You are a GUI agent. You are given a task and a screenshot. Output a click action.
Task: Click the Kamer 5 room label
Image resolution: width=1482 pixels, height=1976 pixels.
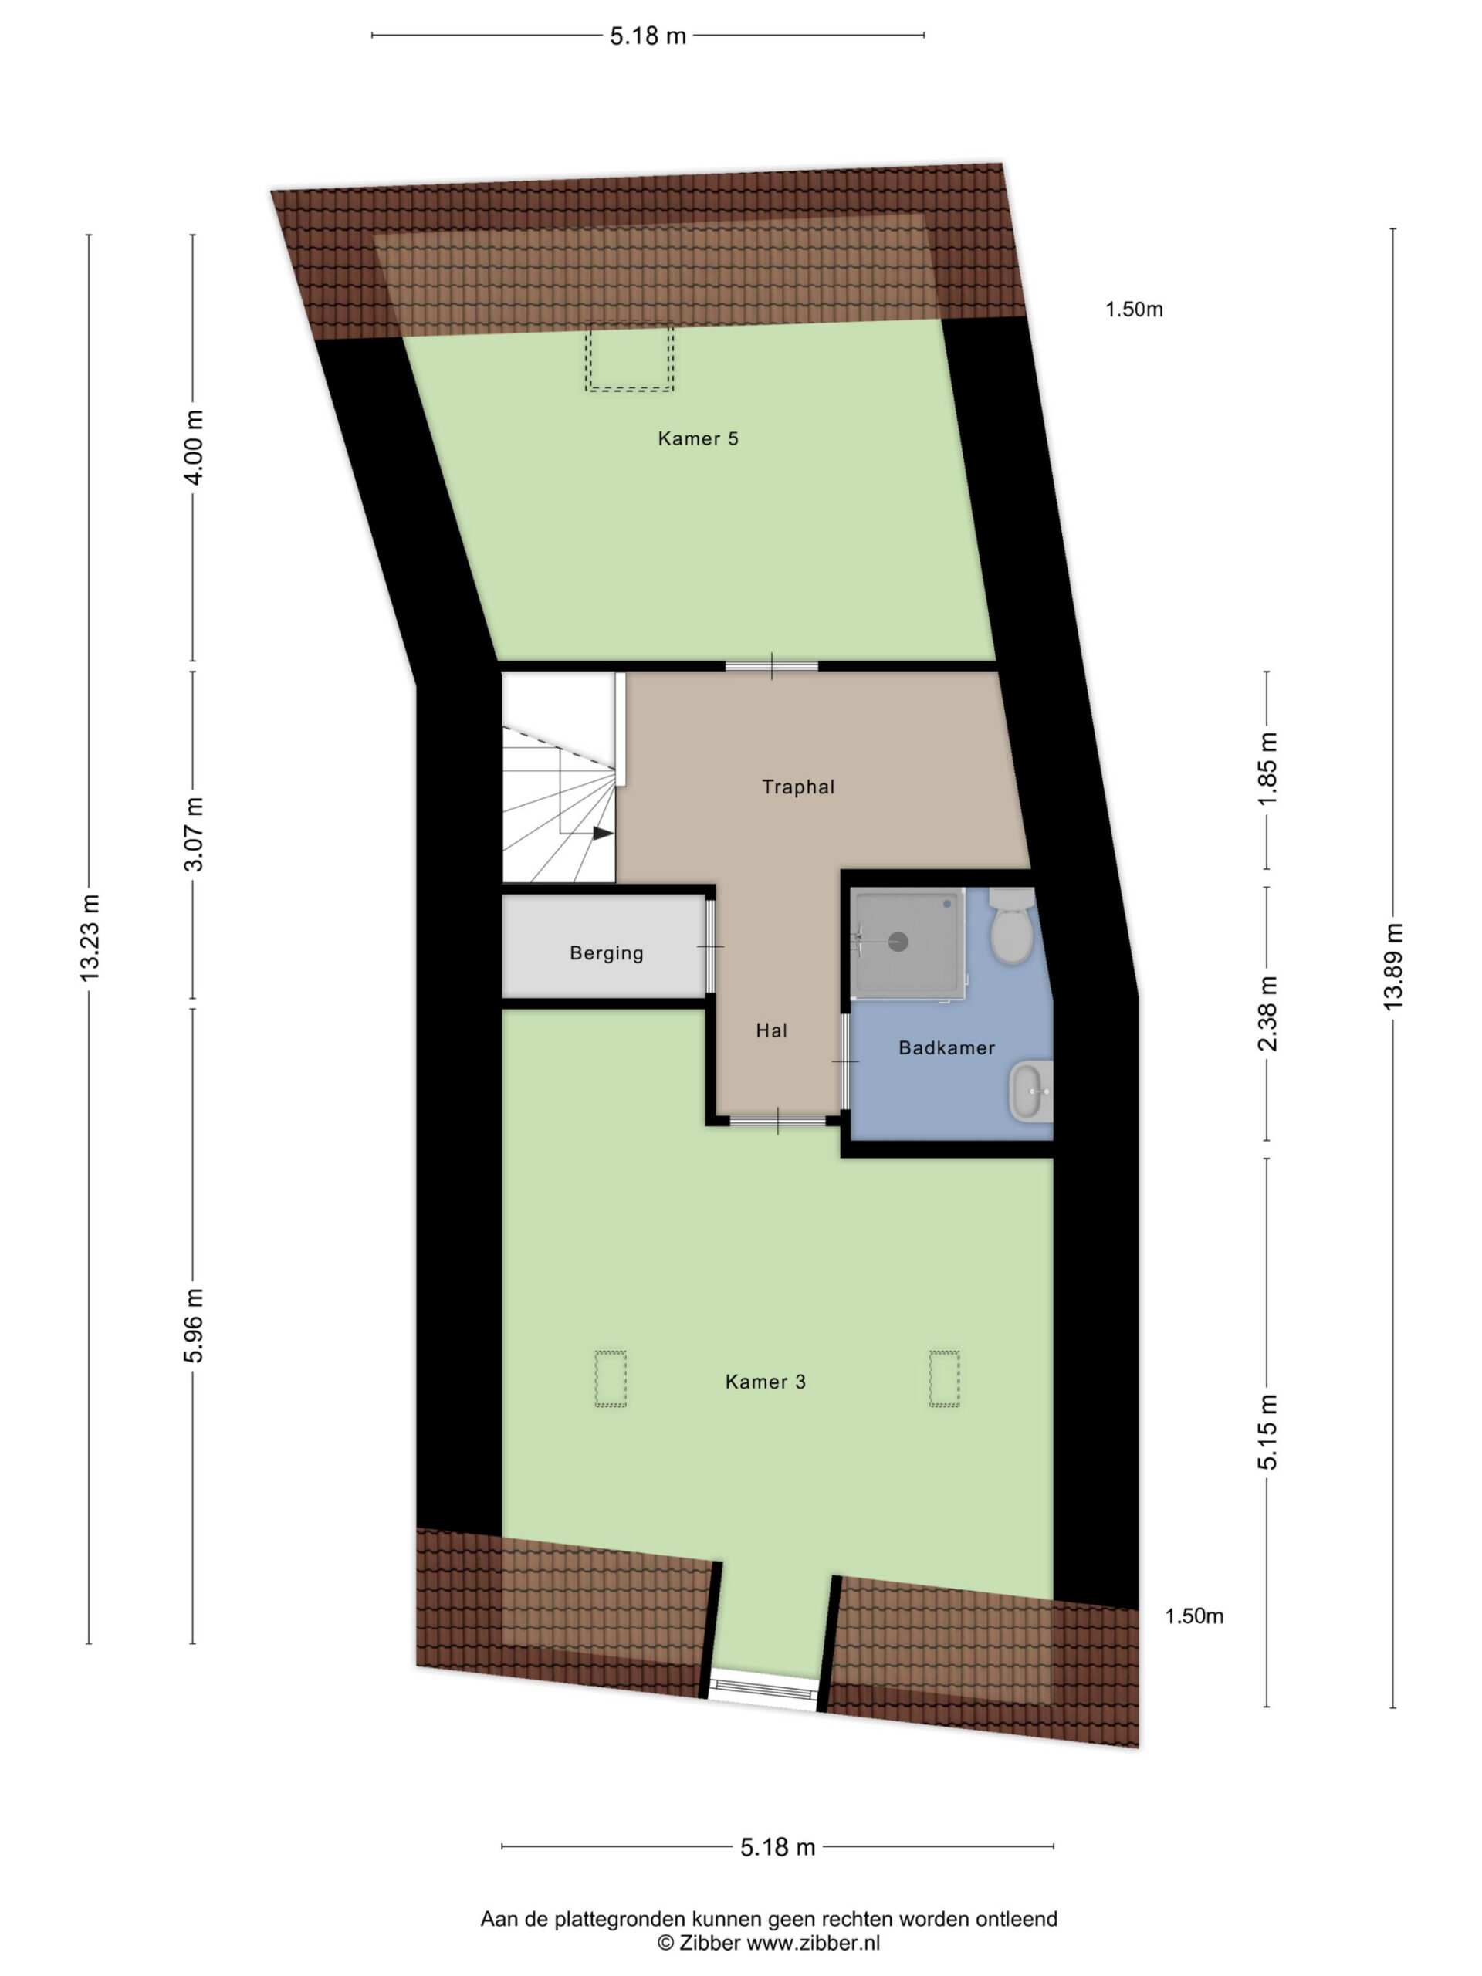pyautogui.click(x=698, y=438)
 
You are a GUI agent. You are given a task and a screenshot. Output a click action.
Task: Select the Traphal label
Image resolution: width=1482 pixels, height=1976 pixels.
pyautogui.click(x=797, y=787)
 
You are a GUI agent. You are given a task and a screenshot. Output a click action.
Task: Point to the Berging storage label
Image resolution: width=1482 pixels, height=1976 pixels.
pyautogui.click(x=607, y=953)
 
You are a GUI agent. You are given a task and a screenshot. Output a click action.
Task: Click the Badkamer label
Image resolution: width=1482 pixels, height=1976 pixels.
pyautogui.click(x=947, y=1048)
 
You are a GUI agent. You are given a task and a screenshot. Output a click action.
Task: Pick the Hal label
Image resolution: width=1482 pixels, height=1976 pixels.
pyautogui.click(x=772, y=1031)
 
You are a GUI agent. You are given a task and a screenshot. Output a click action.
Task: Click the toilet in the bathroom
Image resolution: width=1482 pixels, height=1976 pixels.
pyautogui.click(x=1012, y=925)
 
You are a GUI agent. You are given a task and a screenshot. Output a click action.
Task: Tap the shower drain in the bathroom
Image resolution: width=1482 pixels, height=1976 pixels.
pyautogui.click(x=898, y=941)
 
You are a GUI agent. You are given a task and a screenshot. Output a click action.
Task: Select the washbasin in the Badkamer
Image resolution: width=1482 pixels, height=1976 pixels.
pyautogui.click(x=1032, y=1091)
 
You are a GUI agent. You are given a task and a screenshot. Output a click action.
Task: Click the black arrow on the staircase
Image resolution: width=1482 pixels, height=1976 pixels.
pyautogui.click(x=604, y=833)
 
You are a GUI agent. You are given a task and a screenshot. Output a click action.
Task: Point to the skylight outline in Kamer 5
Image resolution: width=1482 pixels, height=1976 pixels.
pyautogui.click(x=630, y=358)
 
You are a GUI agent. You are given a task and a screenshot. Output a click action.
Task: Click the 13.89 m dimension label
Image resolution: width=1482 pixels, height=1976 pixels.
pyautogui.click(x=1392, y=966)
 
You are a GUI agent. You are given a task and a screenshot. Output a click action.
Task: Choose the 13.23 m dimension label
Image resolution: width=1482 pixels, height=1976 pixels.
pyautogui.click(x=90, y=937)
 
